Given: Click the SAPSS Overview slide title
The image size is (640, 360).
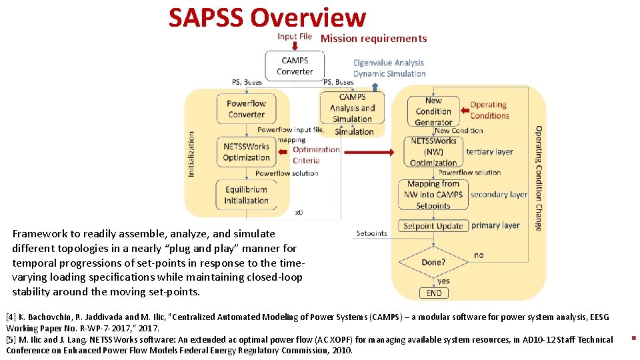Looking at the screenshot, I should pos(267,18).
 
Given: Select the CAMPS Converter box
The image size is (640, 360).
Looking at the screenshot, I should pos(295,66).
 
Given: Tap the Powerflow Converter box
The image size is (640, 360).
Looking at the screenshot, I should pos(246,109).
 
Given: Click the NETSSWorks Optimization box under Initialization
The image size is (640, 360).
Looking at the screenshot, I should pos(246,152).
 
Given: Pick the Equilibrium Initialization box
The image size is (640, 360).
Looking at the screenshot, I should pos(246,195).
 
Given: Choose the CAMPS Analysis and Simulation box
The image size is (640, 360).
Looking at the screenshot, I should pos(352,108).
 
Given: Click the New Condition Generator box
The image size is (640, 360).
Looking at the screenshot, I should pos(433,111).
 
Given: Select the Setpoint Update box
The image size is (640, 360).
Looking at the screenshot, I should pos(433,226).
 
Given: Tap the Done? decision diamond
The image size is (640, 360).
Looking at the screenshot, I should pos(433,262).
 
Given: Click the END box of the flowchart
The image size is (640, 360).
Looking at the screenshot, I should pos(433,293).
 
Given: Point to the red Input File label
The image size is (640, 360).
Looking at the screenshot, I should pos(295,37).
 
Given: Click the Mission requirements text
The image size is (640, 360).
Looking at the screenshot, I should pos(373,39).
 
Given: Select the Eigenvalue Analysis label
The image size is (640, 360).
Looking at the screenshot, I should pos(389,63).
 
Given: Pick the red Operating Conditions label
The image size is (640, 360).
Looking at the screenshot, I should pos(489,110).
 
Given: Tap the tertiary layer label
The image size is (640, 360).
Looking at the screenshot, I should pos(489,151).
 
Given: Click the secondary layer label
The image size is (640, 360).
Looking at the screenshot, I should pos(499,195).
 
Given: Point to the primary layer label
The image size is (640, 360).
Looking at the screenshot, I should pos(495,225).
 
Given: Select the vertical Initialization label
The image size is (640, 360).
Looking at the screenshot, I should pos(192,153).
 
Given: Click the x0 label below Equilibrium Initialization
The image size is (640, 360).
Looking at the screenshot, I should pos(299,213).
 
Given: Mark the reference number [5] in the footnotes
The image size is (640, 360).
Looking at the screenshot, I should pos(11,339).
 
